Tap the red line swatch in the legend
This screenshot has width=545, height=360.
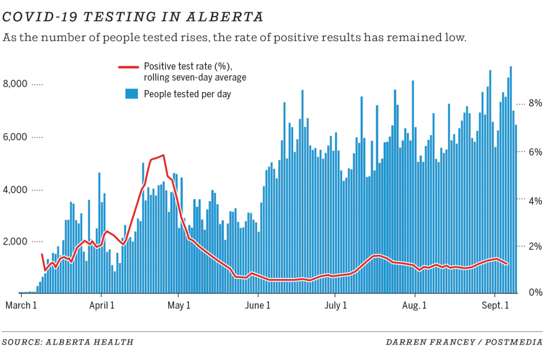click(128, 67)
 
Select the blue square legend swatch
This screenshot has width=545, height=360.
click(131, 94)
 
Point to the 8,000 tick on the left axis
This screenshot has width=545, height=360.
click(16, 84)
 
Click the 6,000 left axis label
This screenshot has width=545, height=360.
click(16, 137)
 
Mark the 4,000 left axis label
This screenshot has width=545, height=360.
click(16, 190)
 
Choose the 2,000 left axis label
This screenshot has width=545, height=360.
click(16, 242)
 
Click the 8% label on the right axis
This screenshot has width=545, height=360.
click(534, 103)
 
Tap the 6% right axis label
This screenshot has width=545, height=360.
click(534, 152)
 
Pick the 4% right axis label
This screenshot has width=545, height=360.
click(534, 201)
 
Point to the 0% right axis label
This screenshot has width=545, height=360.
click(534, 292)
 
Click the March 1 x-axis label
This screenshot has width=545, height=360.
click(21, 306)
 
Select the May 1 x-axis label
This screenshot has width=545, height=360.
click(178, 306)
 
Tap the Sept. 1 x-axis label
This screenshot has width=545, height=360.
click(494, 306)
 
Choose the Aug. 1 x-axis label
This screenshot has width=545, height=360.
click(414, 306)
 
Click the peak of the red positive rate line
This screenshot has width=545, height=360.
click(163, 156)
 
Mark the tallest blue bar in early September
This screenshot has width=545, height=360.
click(511, 67)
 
